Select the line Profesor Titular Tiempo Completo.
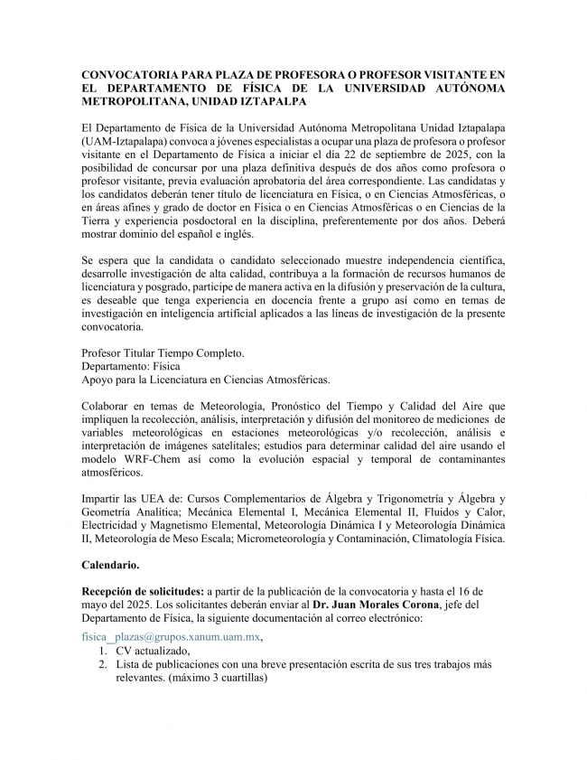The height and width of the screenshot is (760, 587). pyautogui.click(x=163, y=352)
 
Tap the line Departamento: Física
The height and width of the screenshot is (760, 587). pyautogui.click(x=131, y=366)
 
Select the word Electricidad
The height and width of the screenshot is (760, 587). pyautogui.click(x=113, y=525)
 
